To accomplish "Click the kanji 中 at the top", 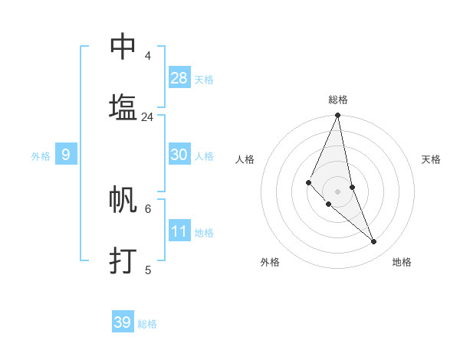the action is point(123,47).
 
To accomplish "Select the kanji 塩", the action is point(123,107).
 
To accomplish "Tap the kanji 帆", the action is point(123,199).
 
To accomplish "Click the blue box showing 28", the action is point(179,77).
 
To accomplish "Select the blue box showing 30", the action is point(179,155).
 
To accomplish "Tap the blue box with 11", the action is point(179,231).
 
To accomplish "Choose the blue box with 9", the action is point(66,155).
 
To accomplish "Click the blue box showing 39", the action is point(123,322).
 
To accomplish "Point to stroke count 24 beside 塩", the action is point(147,117).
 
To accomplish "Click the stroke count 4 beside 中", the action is point(147,56).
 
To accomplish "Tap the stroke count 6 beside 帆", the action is point(147,208).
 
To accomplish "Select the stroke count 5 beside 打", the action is point(147,270).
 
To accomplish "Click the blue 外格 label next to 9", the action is point(41,155).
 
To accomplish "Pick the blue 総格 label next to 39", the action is point(147,324).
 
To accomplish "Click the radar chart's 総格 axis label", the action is point(338,100).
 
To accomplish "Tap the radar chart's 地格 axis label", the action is point(402,262).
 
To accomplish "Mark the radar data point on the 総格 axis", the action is point(337,116).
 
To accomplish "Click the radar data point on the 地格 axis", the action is point(374,242).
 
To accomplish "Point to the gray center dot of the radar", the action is point(337,191).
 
